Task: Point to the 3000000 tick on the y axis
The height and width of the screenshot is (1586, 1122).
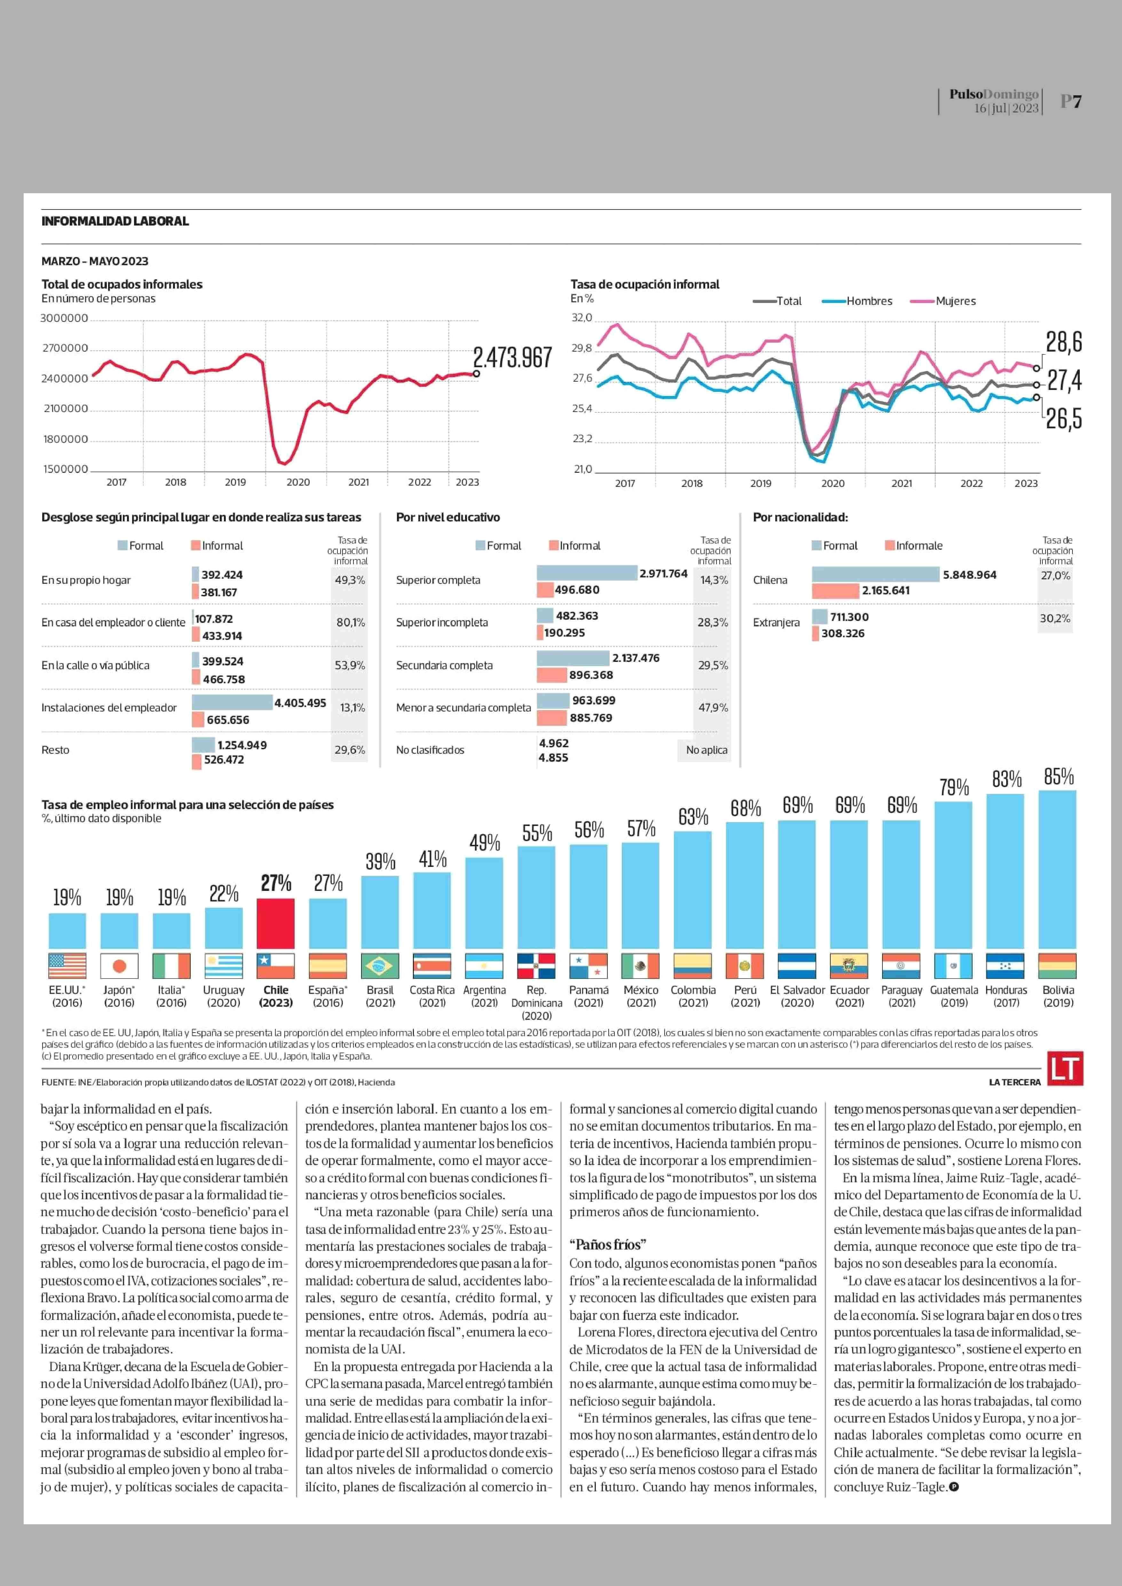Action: pyautogui.click(x=64, y=318)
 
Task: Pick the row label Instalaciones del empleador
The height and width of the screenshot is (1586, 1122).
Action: pyautogui.click(x=109, y=708)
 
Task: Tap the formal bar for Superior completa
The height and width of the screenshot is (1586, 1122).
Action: pyautogui.click(x=587, y=573)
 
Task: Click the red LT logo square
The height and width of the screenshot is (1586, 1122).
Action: pyautogui.click(x=1065, y=1068)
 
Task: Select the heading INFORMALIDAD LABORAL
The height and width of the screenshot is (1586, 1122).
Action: pyautogui.click(x=115, y=221)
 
